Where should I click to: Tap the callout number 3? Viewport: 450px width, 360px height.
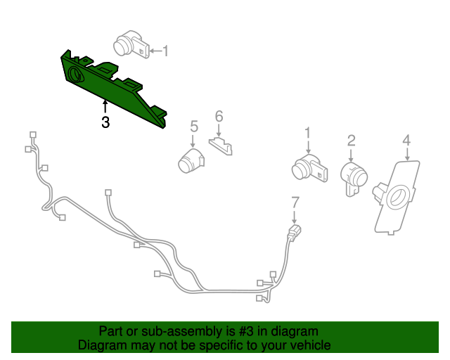(105, 122)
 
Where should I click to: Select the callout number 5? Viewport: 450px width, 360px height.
(194, 127)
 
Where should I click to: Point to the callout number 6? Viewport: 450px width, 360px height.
(219, 115)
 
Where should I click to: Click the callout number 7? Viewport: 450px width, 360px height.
(295, 204)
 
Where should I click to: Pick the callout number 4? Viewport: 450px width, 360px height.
(406, 141)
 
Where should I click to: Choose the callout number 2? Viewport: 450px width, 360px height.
(351, 141)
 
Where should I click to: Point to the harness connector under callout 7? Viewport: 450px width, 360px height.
(295, 231)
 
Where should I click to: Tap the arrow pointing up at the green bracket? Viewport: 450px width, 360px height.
(105, 108)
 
